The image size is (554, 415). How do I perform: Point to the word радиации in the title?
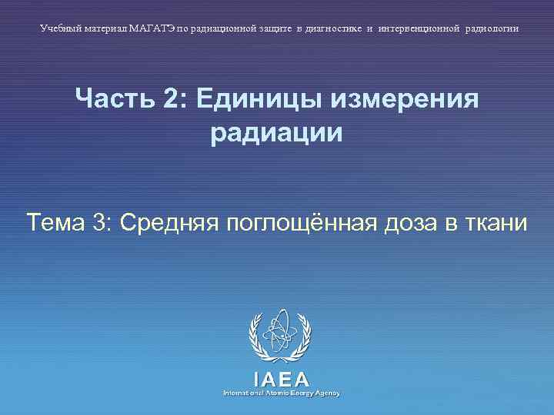point(276,133)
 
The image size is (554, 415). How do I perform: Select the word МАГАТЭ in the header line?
point(152,28)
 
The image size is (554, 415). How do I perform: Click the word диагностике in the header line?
point(329,28)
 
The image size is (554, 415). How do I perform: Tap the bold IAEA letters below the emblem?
point(281,378)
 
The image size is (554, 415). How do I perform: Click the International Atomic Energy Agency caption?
point(281,393)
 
